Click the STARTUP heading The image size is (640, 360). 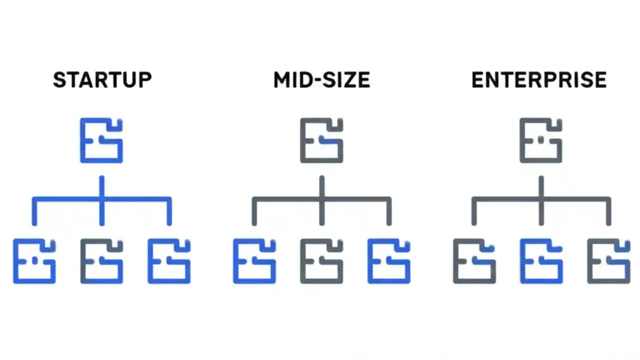click(102, 80)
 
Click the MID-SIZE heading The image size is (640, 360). click(321, 80)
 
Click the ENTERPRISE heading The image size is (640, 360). click(539, 80)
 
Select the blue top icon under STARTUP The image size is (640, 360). click(101, 140)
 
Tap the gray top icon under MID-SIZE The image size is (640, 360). click(321, 140)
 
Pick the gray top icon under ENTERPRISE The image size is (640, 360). click(541, 140)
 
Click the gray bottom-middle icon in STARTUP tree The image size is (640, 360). click(101, 261)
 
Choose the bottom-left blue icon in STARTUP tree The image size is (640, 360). click(34, 261)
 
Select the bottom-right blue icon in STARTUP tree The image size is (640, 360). click(169, 261)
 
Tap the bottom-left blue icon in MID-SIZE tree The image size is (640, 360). click(254, 261)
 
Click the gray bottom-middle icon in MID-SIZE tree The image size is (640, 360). click(321, 261)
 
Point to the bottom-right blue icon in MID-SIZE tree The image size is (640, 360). click(389, 261)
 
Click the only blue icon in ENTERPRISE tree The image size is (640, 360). click(541, 261)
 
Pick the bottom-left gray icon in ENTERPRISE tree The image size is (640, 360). click(474, 261)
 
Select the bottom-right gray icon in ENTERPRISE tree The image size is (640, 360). click(608, 261)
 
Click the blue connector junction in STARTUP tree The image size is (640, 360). click(101, 199)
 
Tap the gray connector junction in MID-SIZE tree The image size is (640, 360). click(321, 199)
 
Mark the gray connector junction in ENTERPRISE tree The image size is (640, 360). click(541, 199)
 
